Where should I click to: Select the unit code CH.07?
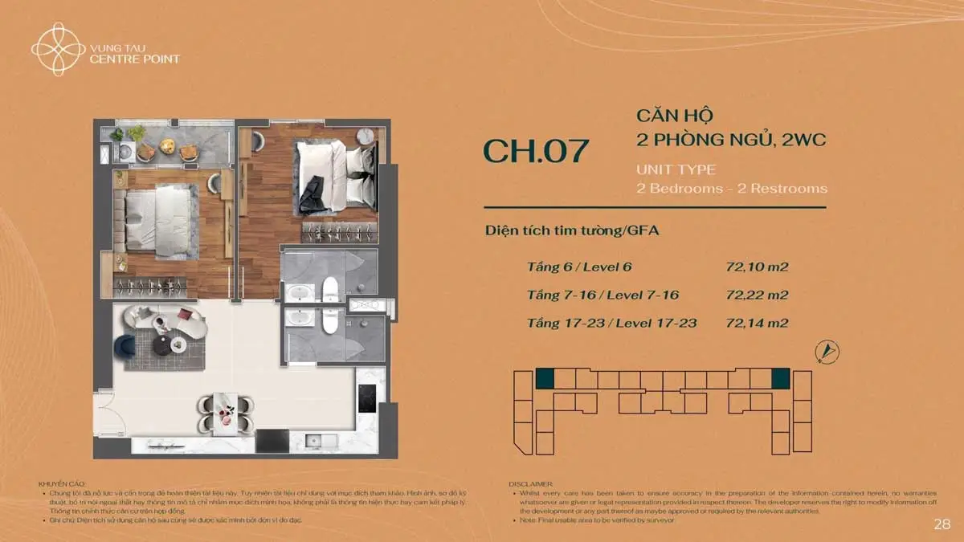[536, 151]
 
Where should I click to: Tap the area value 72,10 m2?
[756, 266]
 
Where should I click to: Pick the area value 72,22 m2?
[756, 295]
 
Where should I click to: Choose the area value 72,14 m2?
[756, 324]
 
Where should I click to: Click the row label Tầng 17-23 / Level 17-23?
[611, 324]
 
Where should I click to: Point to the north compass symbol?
[827, 351]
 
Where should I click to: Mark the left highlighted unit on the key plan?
[545, 378]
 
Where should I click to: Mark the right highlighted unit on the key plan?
[780, 378]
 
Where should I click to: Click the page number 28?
[942, 524]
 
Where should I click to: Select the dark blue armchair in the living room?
[125, 347]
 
